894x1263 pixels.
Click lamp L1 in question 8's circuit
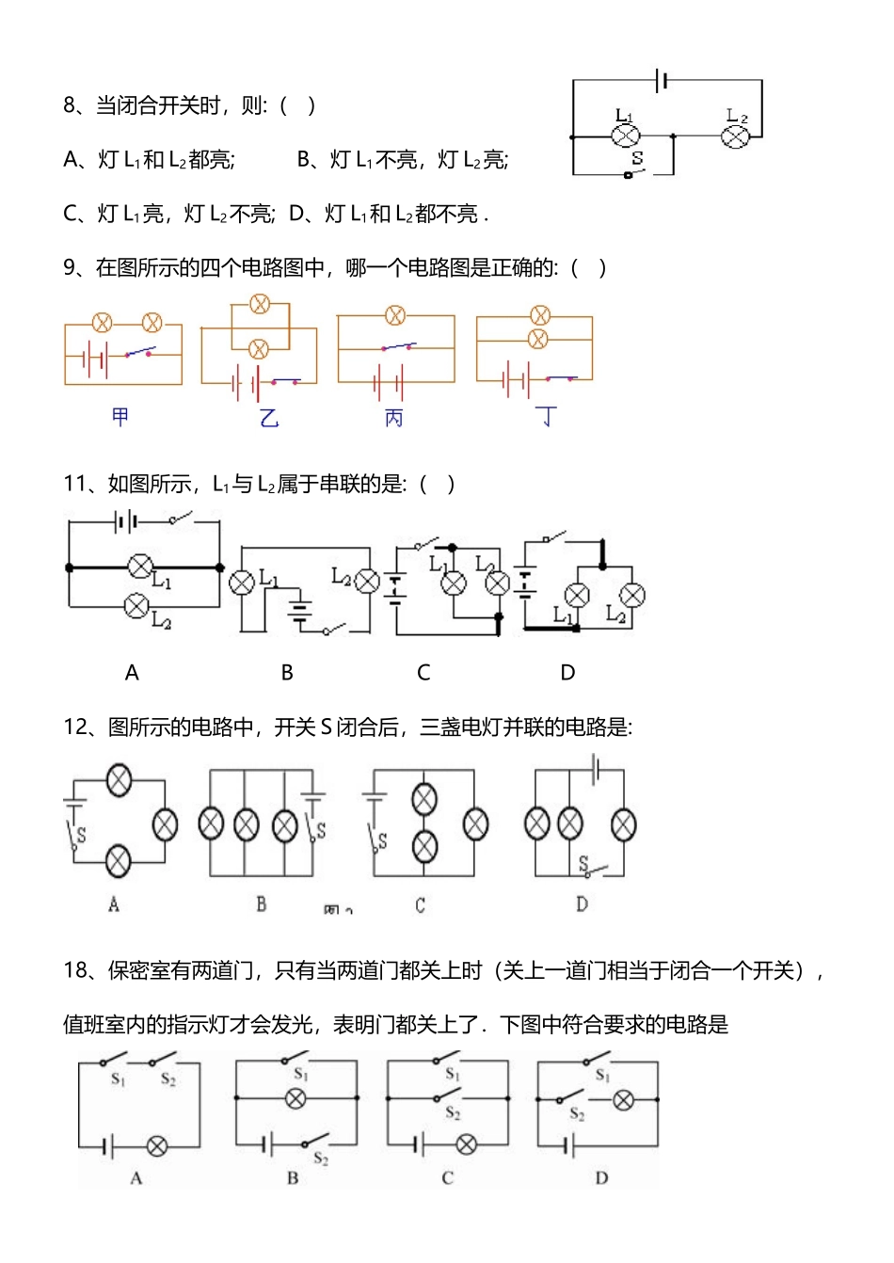coord(626,136)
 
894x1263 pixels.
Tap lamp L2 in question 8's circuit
coord(735,136)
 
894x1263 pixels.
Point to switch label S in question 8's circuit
coord(637,158)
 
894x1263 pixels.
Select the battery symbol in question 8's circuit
coord(663,81)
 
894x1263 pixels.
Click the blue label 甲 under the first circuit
coord(120,416)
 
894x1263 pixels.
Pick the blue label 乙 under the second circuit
coord(269,417)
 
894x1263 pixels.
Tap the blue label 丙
coord(393,417)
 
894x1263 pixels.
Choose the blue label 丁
coord(546,416)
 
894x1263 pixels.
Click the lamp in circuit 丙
coord(396,315)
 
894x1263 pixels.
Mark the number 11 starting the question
coord(74,484)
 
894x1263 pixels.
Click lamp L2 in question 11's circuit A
coord(137,605)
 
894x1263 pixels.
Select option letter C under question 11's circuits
coord(423,672)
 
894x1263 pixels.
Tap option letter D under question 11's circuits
coord(567,672)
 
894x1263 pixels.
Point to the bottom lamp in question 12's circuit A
coord(118,860)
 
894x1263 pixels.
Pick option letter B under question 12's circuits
coord(262,904)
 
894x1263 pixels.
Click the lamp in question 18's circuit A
coord(157,1145)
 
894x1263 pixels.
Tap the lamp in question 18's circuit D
coord(623,1099)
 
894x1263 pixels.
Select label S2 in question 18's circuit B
coord(320,1159)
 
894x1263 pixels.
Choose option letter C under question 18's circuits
coord(447,1177)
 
